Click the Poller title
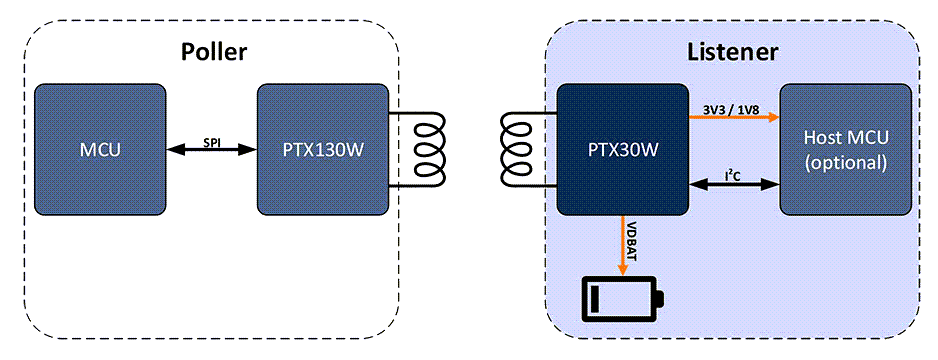pyautogui.click(x=212, y=52)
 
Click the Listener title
pyautogui.click(x=733, y=52)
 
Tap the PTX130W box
pyautogui.click(x=322, y=150)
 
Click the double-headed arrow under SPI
pyautogui.click(x=211, y=151)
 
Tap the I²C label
pyautogui.click(x=735, y=173)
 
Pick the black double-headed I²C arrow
pyautogui.click(x=734, y=185)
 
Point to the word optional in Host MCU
pyautogui.click(x=845, y=162)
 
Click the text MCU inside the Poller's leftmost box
pyautogui.click(x=100, y=150)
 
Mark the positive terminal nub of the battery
pyautogui.click(x=661, y=299)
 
